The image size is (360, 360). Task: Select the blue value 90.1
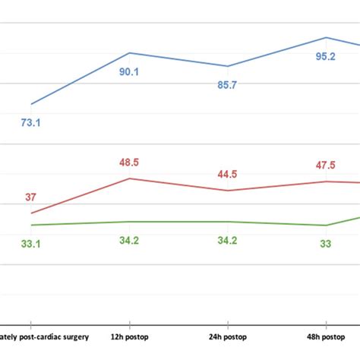[128, 71]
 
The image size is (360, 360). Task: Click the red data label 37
[30, 197]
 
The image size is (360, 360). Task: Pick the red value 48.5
[129, 163]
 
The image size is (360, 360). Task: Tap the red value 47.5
[325, 165]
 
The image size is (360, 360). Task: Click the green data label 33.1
[30, 243]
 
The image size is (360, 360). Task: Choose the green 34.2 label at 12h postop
[129, 241]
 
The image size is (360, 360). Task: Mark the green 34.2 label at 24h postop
[227, 241]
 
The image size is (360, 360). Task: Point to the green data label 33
[325, 243]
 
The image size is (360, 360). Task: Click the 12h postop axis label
[129, 336]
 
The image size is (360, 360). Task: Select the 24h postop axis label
[227, 336]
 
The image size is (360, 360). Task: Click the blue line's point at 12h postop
[129, 53]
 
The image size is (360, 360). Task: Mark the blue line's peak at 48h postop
[326, 37]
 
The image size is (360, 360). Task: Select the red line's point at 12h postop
[129, 178]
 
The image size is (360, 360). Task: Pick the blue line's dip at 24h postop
[227, 66]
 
